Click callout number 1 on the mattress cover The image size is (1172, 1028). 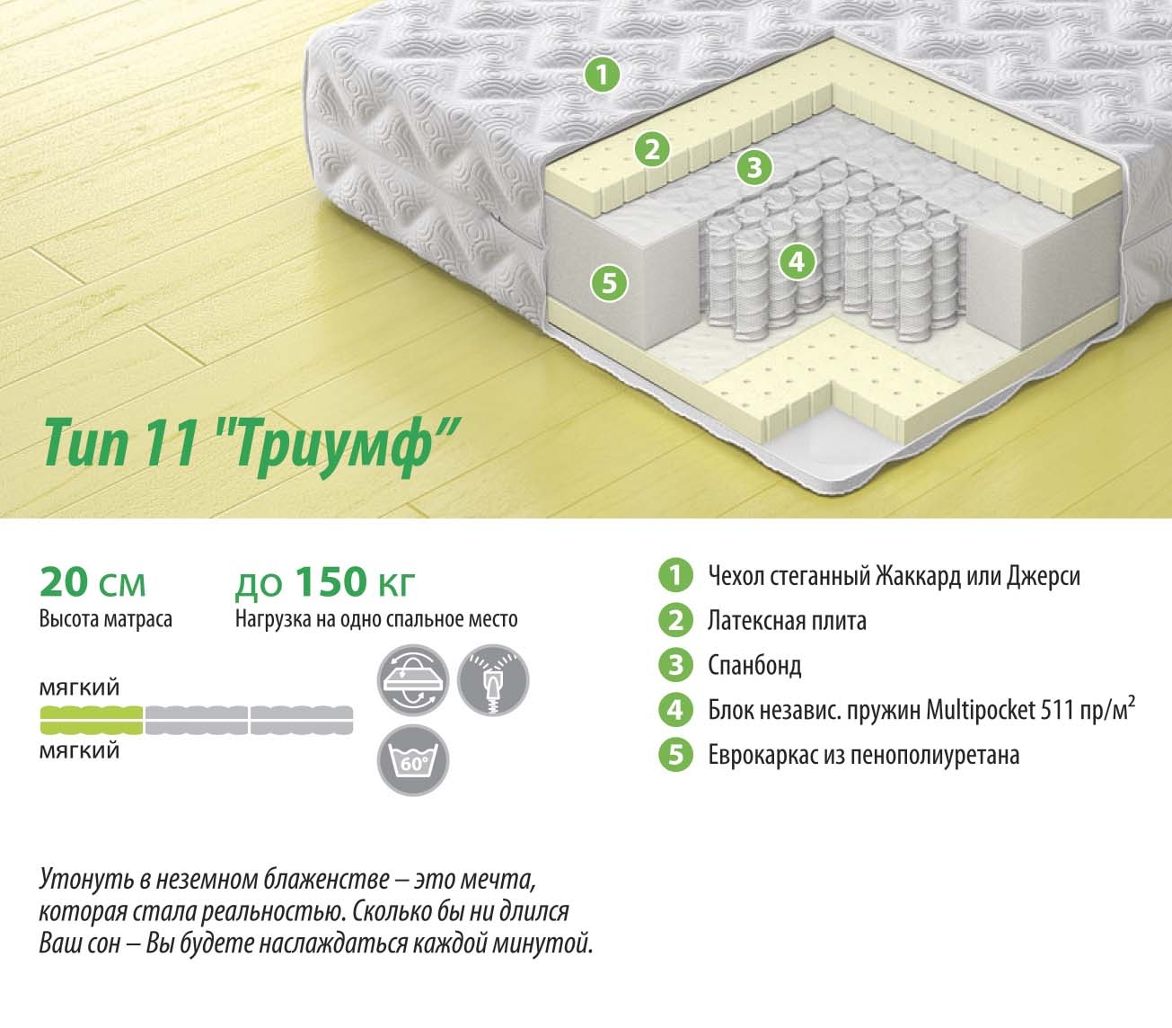click(x=602, y=75)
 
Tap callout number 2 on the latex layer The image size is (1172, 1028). click(x=653, y=149)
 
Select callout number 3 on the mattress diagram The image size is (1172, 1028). click(x=754, y=167)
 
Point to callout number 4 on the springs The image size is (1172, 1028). click(x=797, y=261)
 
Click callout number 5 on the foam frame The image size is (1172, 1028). click(x=609, y=283)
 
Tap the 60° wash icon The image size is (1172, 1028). click(x=413, y=760)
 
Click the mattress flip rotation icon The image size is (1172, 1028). click(x=413, y=680)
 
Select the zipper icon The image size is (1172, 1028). click(x=493, y=680)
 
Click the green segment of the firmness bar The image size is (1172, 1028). click(x=92, y=720)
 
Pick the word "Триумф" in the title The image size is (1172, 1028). click(x=347, y=447)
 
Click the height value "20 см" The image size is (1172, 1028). click(x=93, y=582)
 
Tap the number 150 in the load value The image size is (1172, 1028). click(x=330, y=581)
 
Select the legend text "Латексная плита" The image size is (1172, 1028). click(x=787, y=621)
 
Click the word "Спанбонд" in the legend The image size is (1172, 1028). click(x=754, y=666)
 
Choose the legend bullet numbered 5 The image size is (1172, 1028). click(x=675, y=755)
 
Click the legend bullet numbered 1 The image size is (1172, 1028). click(x=675, y=575)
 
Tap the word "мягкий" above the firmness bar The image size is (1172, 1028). click(x=79, y=688)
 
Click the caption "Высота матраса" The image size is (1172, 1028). click(x=106, y=620)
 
